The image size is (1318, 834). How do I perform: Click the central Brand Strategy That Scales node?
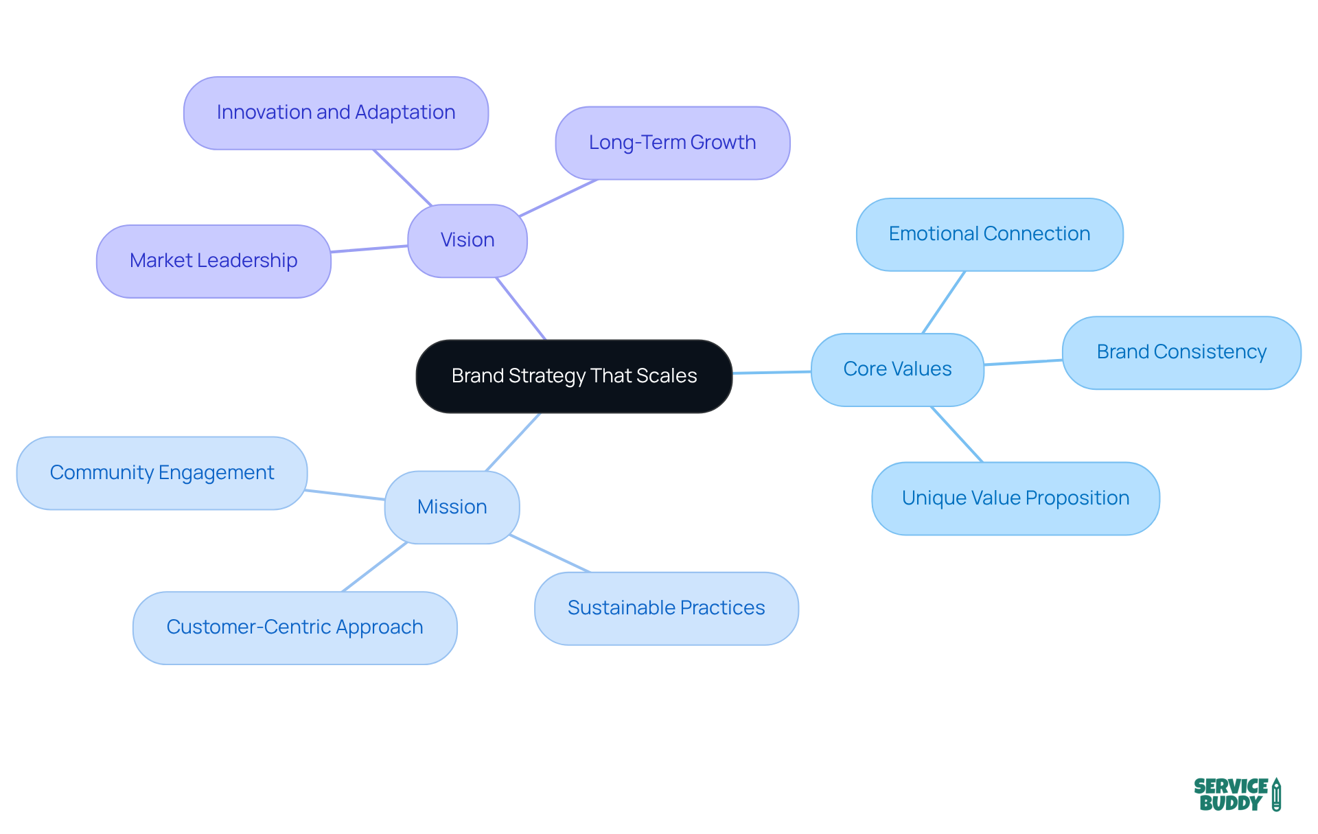click(574, 376)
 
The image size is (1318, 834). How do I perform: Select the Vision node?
click(467, 240)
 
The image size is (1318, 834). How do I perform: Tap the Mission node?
click(452, 507)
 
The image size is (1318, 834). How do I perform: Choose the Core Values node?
click(897, 369)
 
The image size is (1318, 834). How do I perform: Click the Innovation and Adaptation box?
click(336, 113)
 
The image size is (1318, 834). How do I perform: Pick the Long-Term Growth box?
click(672, 143)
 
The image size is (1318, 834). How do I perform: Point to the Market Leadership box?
click(213, 261)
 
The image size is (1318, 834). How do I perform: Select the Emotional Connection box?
click(989, 234)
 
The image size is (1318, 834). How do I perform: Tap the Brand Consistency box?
click(1181, 352)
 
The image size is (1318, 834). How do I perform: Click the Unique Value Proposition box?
click(1015, 498)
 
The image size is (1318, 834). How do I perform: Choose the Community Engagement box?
click(162, 473)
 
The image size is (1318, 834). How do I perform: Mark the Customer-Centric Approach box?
click(294, 627)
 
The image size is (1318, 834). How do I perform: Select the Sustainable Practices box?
click(666, 608)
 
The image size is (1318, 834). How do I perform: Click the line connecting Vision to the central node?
click(521, 308)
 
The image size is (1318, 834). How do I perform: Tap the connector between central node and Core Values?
click(772, 372)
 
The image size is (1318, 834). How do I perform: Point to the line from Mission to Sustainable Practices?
click(549, 553)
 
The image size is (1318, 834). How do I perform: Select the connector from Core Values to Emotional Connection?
click(944, 302)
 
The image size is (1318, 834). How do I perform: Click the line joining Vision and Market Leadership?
click(369, 248)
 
